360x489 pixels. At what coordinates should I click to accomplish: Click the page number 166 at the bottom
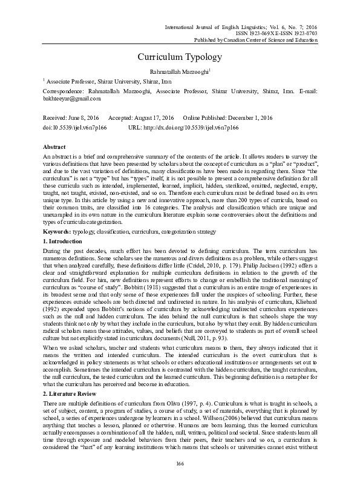pos(180,463)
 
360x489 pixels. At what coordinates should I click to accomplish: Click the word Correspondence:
pos(64,90)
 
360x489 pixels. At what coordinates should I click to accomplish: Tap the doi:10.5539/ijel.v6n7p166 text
pos(74,129)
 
